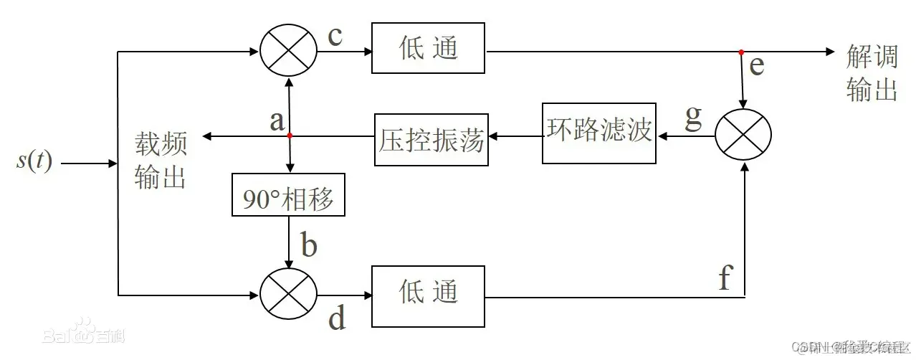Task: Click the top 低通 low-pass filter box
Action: tap(429, 49)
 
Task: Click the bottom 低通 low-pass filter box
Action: tap(429, 291)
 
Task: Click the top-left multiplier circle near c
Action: tap(287, 51)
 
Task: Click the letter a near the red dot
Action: tap(277, 120)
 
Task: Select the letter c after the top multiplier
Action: tap(335, 36)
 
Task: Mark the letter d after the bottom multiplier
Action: tap(337, 318)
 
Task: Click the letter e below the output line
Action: tap(756, 66)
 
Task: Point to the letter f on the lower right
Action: tap(725, 278)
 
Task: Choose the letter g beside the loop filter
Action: tap(693, 117)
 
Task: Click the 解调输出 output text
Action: tap(872, 73)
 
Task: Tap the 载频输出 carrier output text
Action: tap(161, 162)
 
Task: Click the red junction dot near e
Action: tap(742, 52)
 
